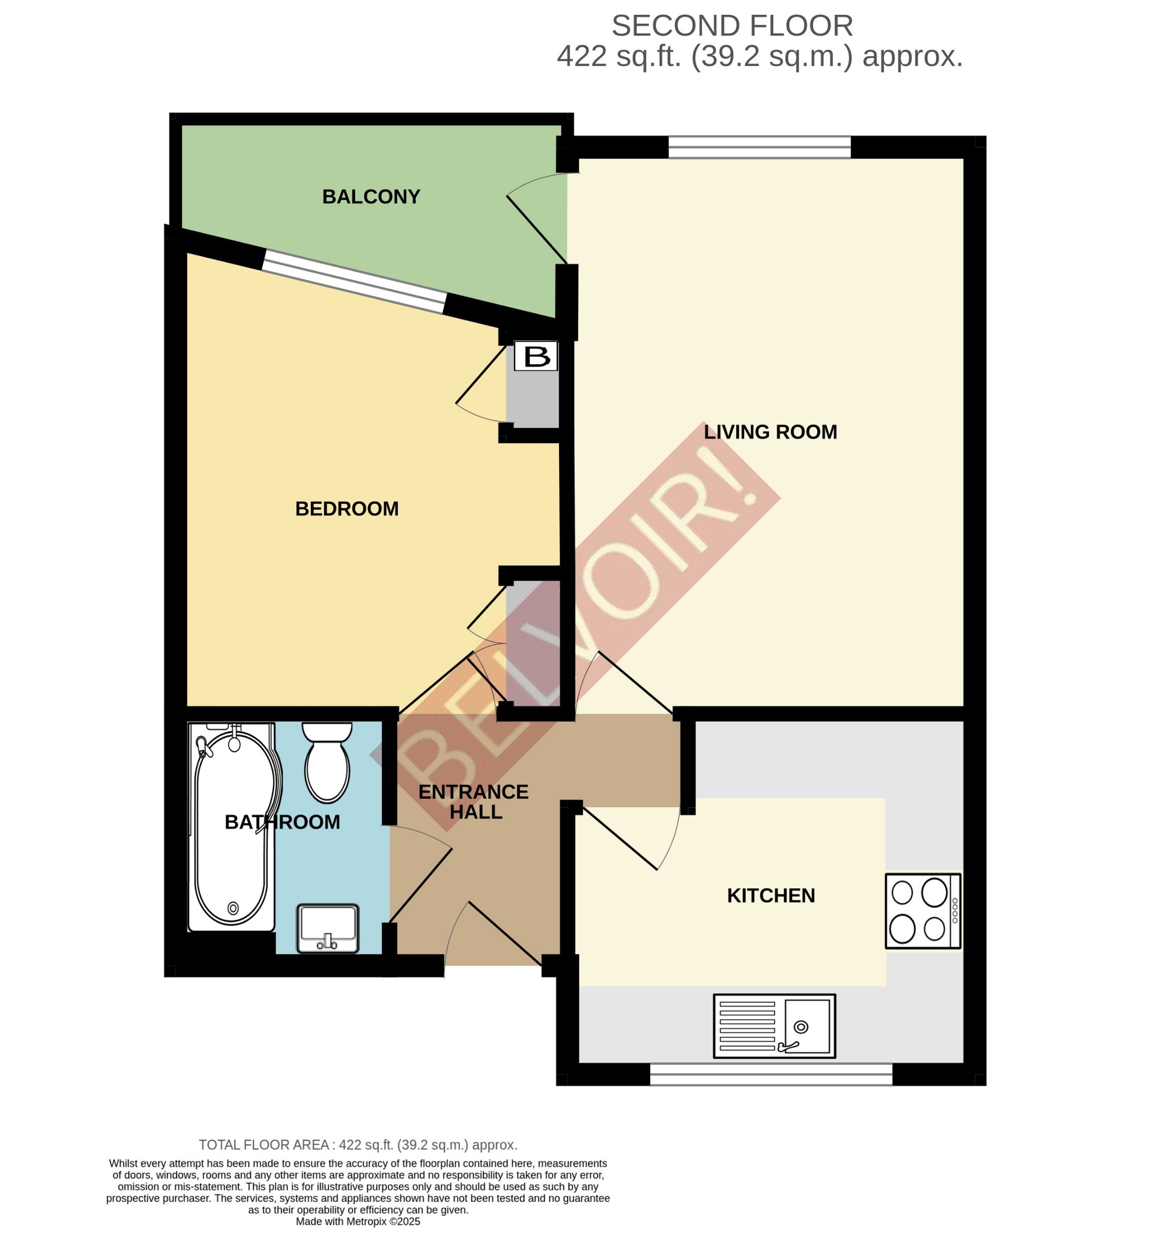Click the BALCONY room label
tap(371, 197)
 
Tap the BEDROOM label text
tap(346, 509)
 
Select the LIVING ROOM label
tap(770, 432)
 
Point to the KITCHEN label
tap(770, 896)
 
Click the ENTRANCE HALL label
tap(473, 802)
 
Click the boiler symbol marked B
tap(535, 357)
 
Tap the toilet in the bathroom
tap(327, 764)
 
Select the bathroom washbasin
tap(328, 928)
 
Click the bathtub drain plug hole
tap(233, 907)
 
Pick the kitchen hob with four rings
tap(922, 911)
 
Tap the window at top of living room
tap(759, 147)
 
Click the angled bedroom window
tap(354, 282)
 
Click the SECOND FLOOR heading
tap(731, 26)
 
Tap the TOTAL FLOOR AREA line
tap(358, 1145)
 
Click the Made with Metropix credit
tap(358, 1221)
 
